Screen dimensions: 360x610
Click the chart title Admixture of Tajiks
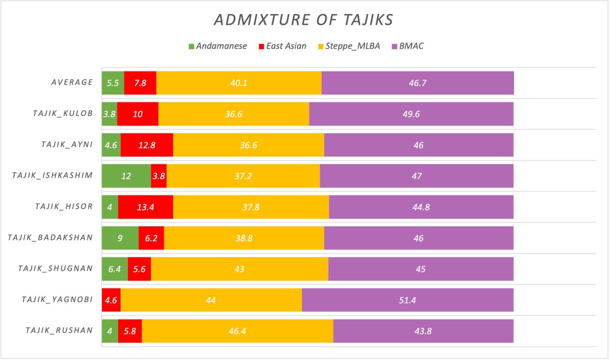[x=304, y=20]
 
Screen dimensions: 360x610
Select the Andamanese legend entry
[x=218, y=46]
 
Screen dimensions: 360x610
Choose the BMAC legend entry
[x=410, y=46]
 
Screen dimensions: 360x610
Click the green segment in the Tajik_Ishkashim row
[x=126, y=176]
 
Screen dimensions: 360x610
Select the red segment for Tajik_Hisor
[x=145, y=207]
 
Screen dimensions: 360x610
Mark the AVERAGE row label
[x=68, y=83]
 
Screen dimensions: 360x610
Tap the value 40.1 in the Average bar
[x=238, y=83]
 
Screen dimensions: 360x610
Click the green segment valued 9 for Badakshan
[x=120, y=238]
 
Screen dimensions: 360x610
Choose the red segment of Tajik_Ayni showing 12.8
[x=146, y=145]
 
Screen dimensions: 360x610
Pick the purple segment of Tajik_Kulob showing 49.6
[x=411, y=114]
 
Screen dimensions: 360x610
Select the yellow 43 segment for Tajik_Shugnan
[x=239, y=269]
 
